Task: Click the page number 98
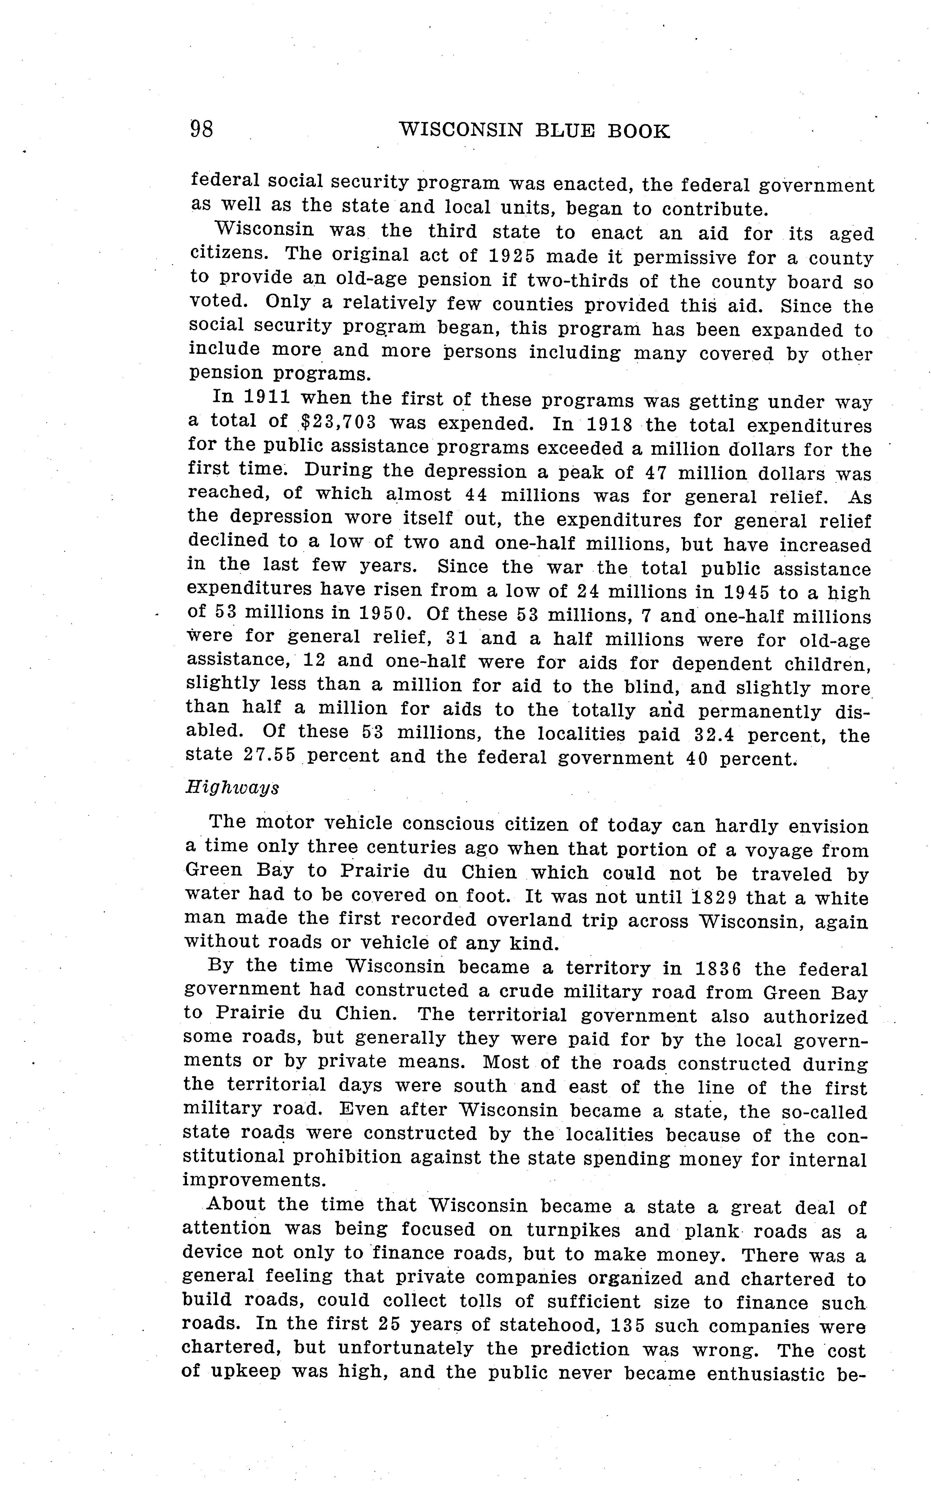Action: coord(201,129)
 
